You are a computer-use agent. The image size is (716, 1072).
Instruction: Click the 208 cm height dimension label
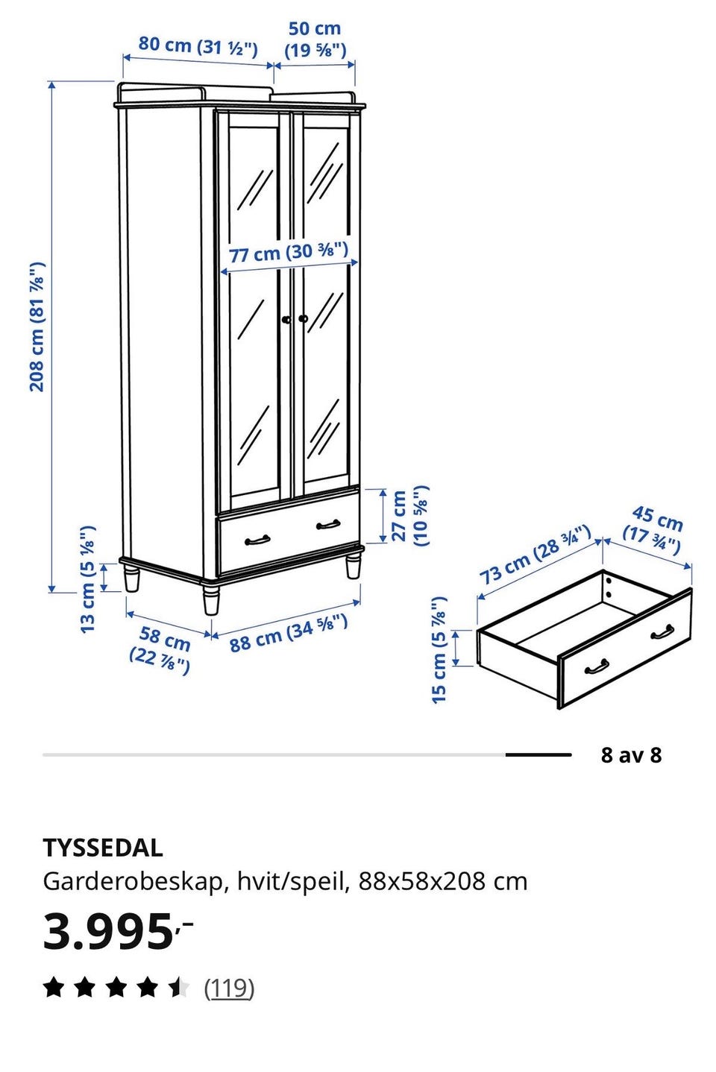tap(37, 327)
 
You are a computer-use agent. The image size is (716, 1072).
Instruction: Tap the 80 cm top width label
tap(198, 46)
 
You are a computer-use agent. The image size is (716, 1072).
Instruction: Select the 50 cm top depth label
tap(315, 40)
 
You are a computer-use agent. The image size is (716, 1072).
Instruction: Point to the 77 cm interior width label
tap(289, 252)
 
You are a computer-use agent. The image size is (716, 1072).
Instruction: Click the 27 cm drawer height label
tap(410, 516)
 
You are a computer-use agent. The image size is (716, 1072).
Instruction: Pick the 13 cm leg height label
tap(88, 579)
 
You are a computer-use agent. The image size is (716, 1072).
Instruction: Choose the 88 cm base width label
tap(289, 633)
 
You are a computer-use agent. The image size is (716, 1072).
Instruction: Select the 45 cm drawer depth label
tap(653, 529)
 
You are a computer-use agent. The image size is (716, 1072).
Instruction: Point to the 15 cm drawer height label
tap(439, 649)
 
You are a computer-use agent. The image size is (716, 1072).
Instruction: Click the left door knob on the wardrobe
tap(286, 320)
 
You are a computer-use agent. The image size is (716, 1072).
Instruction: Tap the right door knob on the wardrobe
tap(303, 318)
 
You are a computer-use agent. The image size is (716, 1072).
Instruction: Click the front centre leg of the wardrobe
tap(211, 599)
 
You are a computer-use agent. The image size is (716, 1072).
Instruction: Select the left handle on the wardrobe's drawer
tap(257, 540)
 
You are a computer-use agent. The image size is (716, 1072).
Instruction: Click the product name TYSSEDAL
tap(103, 848)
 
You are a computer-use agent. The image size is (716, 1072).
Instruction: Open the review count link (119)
tap(229, 988)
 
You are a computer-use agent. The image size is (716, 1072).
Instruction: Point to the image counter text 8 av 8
tap(631, 755)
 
